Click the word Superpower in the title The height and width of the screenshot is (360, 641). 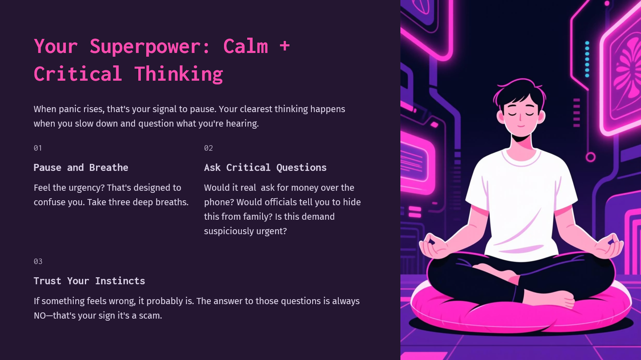tap(145, 47)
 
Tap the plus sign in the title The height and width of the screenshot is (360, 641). tap(284, 46)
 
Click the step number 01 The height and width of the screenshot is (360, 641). tap(38, 148)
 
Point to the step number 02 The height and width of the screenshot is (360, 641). tap(208, 148)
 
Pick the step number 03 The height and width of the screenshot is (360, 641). tap(38, 262)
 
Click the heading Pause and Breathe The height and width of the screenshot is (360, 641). tap(81, 167)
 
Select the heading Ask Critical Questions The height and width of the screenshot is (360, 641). tap(265, 167)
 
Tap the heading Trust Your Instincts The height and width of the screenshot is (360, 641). tap(89, 281)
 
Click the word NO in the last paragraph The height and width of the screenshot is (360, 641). tap(40, 316)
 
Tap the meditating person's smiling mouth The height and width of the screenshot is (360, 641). tap(521, 126)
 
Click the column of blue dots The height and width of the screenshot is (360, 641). tap(587, 59)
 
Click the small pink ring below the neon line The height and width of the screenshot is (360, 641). tap(590, 157)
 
